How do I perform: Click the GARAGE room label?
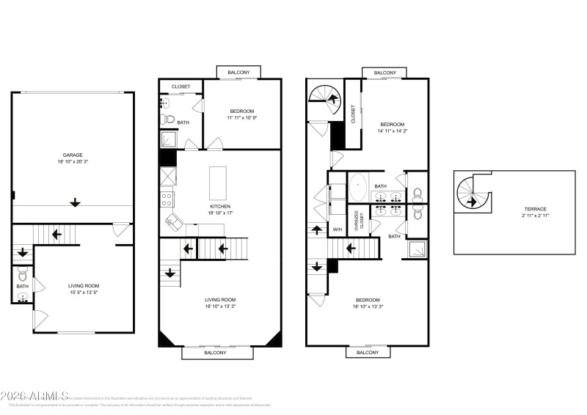(72, 155)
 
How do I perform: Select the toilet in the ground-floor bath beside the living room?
(22, 276)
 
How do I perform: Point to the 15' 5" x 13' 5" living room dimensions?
(84, 293)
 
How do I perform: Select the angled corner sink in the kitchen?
(175, 221)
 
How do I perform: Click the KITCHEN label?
(220, 206)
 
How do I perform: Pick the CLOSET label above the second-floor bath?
(181, 87)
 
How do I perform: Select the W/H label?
(337, 230)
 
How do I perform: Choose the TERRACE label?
(534, 209)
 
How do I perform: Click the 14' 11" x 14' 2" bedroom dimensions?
(393, 132)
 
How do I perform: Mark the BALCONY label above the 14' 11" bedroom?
(385, 73)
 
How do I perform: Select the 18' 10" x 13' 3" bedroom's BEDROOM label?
(368, 299)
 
